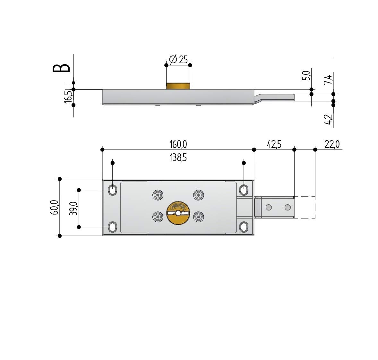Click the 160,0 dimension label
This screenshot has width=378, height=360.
pyautogui.click(x=178, y=144)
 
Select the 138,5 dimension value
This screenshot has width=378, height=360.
pyautogui.click(x=178, y=158)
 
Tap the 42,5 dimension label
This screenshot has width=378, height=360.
pyautogui.click(x=274, y=144)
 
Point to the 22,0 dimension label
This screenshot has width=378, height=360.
pyautogui.click(x=332, y=144)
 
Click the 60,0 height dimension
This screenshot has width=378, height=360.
pyautogui.click(x=54, y=207)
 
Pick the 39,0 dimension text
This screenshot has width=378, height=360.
pyautogui.click(x=73, y=208)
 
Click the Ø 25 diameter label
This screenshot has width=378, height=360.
pyautogui.click(x=178, y=59)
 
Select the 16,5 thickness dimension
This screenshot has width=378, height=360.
pyautogui.click(x=68, y=97)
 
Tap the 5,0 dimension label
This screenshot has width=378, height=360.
pyautogui.click(x=306, y=75)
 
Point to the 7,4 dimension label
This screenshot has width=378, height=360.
pyautogui.click(x=328, y=80)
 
